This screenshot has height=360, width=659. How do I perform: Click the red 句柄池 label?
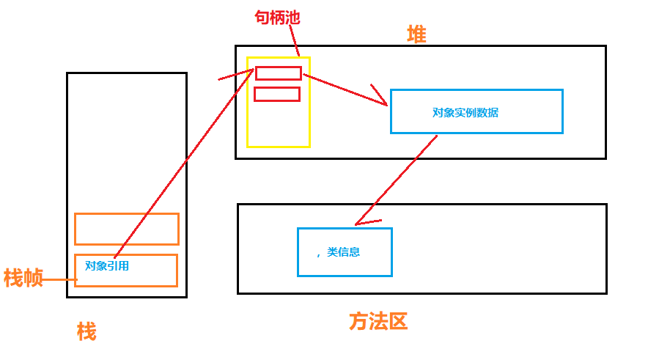pos(277,18)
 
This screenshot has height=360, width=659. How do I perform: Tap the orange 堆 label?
pos(416,34)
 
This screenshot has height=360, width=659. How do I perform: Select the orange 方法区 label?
pos(378,322)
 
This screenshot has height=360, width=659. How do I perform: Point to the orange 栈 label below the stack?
pos(86,331)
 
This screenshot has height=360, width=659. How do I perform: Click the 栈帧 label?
pos(23,278)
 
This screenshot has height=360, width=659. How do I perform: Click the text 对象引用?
pos(107,266)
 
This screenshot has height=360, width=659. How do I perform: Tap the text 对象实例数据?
pos(465,113)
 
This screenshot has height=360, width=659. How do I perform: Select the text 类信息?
pos(343,252)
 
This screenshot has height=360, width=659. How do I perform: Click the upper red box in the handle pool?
pos(279,73)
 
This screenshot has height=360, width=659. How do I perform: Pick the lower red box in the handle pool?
pos(277,94)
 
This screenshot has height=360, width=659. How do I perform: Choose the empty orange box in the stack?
pos(127,229)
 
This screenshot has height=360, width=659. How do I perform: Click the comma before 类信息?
pos(319,255)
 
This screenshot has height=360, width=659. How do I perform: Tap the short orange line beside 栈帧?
pos(60,279)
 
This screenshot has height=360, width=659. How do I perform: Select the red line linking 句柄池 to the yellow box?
pos(294,40)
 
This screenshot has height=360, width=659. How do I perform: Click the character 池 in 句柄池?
pos(292,18)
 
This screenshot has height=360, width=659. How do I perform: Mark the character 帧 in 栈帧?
pos(33,278)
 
